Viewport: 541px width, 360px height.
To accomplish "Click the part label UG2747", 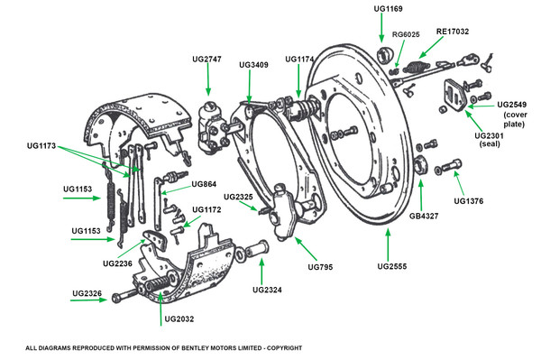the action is click(206, 60).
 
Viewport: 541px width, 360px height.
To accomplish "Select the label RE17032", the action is click(453, 32).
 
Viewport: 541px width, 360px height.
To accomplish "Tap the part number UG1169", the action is click(388, 9).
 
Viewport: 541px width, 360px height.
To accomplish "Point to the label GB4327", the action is click(424, 217).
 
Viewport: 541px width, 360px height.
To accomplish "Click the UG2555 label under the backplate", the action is click(392, 266).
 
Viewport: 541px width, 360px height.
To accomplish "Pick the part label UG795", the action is click(320, 267).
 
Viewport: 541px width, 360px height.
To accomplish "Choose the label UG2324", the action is click(267, 290).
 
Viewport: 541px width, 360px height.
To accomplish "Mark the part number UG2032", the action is click(179, 319).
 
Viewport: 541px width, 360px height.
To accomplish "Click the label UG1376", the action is click(469, 201).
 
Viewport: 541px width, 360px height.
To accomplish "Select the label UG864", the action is click(204, 184).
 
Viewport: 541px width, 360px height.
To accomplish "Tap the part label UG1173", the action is click(41, 146).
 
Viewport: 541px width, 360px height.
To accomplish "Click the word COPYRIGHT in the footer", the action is click(287, 348).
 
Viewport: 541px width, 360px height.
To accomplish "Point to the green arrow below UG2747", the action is click(208, 79).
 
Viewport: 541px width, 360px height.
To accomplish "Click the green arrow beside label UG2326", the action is click(88, 300).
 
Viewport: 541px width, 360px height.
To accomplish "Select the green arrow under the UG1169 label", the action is click(381, 28).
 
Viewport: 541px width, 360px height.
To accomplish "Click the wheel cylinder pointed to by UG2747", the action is click(212, 128).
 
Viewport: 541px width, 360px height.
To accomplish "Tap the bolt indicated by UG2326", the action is click(125, 295).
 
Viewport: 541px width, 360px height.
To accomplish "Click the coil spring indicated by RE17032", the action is click(416, 67).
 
